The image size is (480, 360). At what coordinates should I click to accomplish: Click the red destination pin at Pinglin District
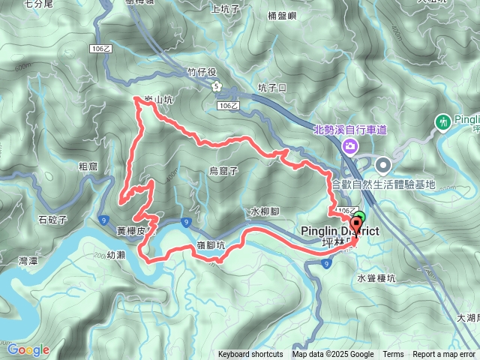[355, 229]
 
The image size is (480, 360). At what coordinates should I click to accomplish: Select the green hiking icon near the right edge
[442, 121]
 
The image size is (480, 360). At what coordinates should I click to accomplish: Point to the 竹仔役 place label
[202, 72]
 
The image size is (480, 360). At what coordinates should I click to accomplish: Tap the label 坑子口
[272, 88]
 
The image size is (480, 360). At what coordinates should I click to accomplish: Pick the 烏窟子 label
[223, 171]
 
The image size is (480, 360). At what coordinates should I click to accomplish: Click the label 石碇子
[53, 220]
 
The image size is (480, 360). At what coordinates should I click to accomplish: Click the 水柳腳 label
[265, 211]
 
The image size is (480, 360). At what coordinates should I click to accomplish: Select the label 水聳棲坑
[376, 277]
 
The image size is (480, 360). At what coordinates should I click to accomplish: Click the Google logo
[28, 349]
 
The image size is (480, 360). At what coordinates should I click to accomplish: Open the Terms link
[393, 355]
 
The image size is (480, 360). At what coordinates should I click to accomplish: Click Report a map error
[444, 355]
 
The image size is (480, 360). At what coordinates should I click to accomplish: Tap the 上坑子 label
[225, 9]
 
